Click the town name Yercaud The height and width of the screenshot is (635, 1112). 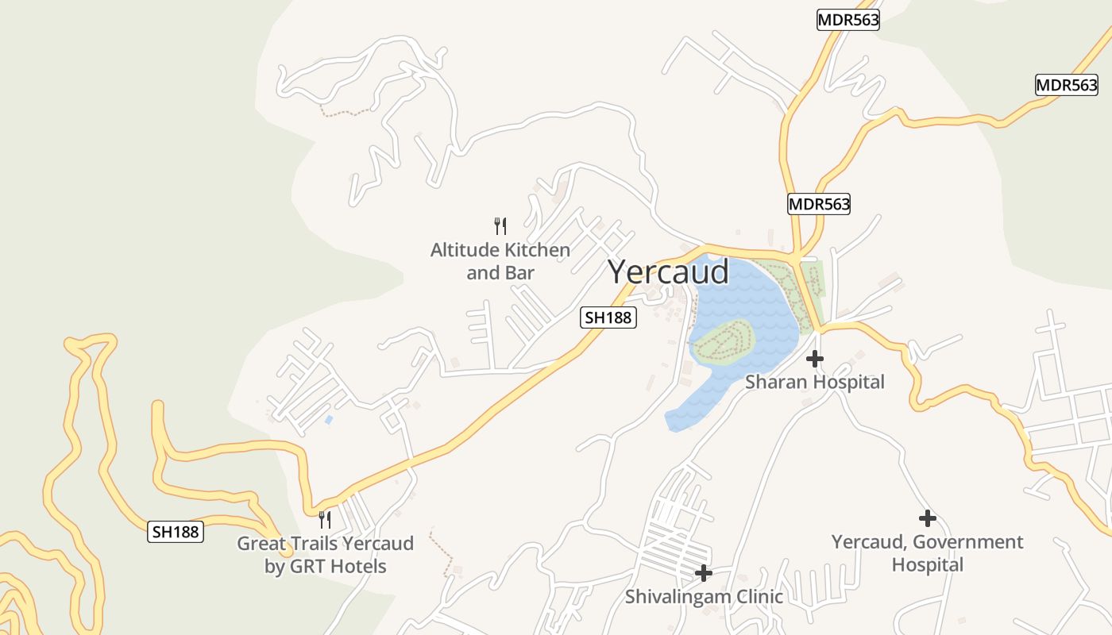pyautogui.click(x=668, y=272)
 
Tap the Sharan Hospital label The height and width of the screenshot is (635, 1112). pyautogui.click(x=814, y=383)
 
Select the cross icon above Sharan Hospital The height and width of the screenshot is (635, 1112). pyautogui.click(x=814, y=359)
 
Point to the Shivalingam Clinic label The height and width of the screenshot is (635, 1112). pyautogui.click(x=704, y=597)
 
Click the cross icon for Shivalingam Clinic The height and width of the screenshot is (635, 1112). pyautogui.click(x=703, y=572)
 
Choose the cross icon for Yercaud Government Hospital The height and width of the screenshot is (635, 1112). pyautogui.click(x=927, y=518)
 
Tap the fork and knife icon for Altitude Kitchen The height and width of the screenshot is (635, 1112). pyautogui.click(x=500, y=226)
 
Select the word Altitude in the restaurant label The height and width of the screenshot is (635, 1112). pyautogui.click(x=464, y=251)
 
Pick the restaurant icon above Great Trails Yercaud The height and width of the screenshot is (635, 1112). pyautogui.click(x=325, y=520)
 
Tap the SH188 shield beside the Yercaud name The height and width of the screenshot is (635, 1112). pyautogui.click(x=608, y=317)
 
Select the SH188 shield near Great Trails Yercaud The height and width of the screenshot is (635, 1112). pyautogui.click(x=176, y=532)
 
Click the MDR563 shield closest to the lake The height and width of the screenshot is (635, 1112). pyautogui.click(x=819, y=204)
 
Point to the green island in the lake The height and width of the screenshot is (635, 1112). pyautogui.click(x=723, y=341)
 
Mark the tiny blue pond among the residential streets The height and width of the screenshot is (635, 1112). pyautogui.click(x=329, y=419)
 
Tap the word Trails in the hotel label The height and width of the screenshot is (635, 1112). pyautogui.click(x=304, y=544)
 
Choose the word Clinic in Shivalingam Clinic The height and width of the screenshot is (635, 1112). pyautogui.click(x=756, y=597)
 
